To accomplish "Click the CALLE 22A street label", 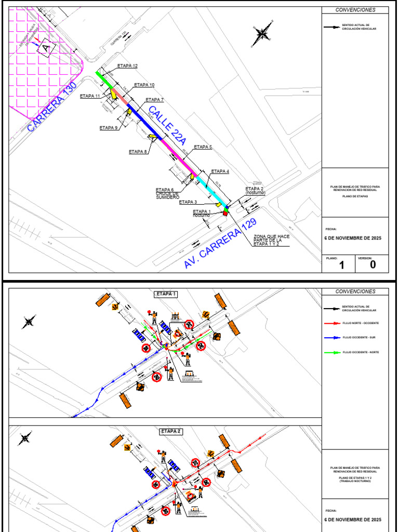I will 167,125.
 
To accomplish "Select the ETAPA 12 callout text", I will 127,66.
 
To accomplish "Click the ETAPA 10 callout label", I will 144,85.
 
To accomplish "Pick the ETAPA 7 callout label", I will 155,100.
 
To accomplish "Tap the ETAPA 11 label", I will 90,96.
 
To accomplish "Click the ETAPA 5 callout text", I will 203,147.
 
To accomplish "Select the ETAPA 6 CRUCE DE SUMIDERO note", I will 167,194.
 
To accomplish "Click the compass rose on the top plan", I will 262,34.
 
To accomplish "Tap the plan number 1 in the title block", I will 341,265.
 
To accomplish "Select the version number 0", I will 373,265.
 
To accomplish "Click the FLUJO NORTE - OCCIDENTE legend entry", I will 360,323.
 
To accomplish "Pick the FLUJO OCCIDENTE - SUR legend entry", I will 358,338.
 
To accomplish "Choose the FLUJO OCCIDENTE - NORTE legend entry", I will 360,352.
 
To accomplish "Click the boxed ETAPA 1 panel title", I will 166,294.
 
